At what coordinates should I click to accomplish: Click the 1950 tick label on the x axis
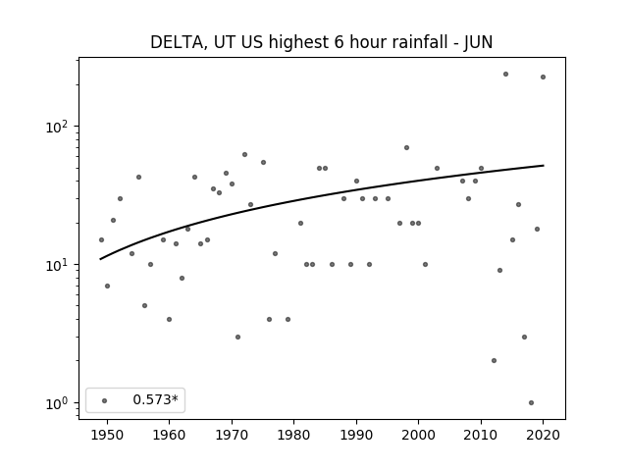[x=107, y=435]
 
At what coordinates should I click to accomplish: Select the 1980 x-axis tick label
[x=293, y=435]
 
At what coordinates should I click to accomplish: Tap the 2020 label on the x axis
[x=543, y=435]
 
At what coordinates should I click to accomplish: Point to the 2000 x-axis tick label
[x=419, y=435]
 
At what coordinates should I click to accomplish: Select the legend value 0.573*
[x=155, y=399]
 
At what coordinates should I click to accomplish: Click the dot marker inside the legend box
[x=105, y=400]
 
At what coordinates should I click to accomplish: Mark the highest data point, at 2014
[x=506, y=75]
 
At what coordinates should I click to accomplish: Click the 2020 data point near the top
[x=543, y=77]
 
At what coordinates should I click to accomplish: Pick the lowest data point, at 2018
[x=531, y=403]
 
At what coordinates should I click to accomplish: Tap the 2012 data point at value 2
[x=494, y=360]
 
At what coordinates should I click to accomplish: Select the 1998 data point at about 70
[x=406, y=148]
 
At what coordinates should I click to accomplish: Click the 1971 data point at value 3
[x=237, y=338]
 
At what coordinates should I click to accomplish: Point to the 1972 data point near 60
[x=244, y=155]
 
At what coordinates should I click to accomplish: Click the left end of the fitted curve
[x=100, y=259]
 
